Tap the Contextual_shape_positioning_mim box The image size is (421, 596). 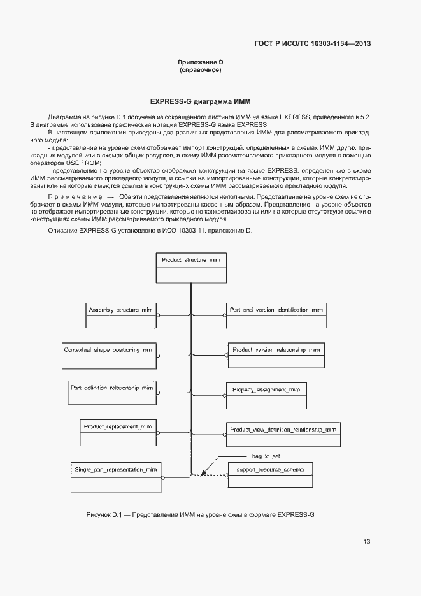(x=109, y=356)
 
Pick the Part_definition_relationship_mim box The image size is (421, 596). (x=112, y=393)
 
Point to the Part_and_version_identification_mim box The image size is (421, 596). (x=276, y=316)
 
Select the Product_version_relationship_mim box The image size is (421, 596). (x=276, y=356)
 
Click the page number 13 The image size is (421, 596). (x=366, y=542)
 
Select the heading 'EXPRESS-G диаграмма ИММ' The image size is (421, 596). (x=200, y=101)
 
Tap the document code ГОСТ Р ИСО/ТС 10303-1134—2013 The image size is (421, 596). (x=311, y=44)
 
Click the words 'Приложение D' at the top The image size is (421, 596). (x=200, y=62)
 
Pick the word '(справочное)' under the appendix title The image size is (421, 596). (x=200, y=70)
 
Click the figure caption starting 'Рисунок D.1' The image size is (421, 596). (x=201, y=514)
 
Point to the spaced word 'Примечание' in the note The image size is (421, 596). (x=76, y=197)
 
